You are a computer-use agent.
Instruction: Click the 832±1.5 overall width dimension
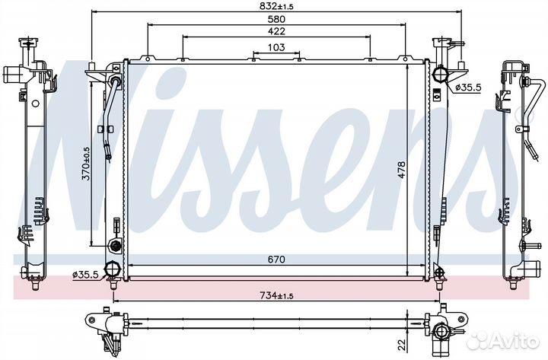point(276,6)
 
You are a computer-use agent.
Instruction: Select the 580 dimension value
point(276,19)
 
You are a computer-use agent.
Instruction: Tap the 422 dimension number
point(276,31)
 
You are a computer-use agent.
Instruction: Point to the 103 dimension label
point(276,47)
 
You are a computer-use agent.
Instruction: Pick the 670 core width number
point(276,260)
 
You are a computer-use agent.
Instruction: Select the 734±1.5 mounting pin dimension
point(276,295)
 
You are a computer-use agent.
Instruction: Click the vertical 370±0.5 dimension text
point(85,163)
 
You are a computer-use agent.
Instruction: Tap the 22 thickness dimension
point(402,344)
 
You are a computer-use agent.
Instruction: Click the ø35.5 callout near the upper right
point(468,88)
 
